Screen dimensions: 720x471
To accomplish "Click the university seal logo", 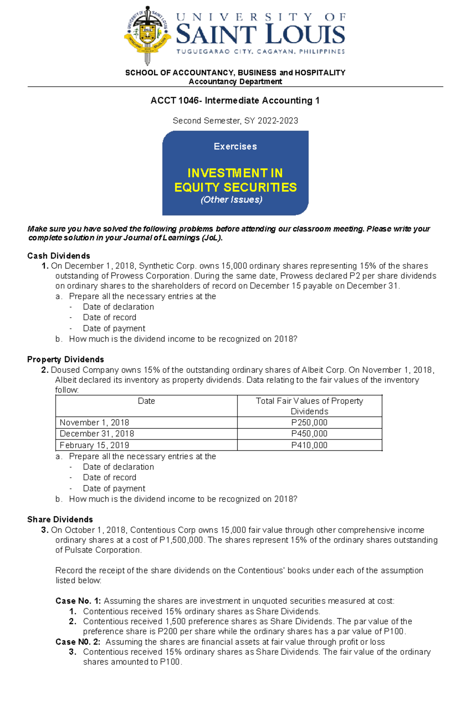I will click(x=147, y=35).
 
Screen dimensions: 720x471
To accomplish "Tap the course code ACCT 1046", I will click(x=175, y=101).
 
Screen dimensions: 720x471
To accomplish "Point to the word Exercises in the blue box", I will click(x=235, y=146).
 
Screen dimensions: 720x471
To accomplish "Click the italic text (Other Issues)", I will click(x=232, y=200).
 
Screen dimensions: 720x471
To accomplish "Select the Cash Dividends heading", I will click(x=58, y=256).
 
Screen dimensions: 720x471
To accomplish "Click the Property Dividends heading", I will click(x=66, y=359).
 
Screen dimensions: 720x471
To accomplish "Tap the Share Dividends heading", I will click(x=60, y=519).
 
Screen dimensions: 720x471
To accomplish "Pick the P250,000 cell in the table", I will click(x=309, y=423).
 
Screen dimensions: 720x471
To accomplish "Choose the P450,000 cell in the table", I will click(x=309, y=434).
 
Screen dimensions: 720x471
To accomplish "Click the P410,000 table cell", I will click(x=309, y=445).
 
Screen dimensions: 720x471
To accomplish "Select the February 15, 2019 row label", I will click(x=94, y=445).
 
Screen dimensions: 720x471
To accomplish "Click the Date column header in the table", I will click(x=146, y=401).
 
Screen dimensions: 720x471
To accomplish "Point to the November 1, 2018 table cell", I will click(x=94, y=423).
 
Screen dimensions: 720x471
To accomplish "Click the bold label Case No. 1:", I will click(x=78, y=601).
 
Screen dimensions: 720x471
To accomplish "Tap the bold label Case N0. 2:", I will click(x=78, y=642).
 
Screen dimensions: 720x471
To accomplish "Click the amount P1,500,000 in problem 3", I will click(x=181, y=540).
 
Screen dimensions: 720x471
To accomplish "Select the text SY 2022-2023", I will click(x=271, y=121).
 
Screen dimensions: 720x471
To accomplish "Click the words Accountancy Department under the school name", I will click(x=235, y=82).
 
